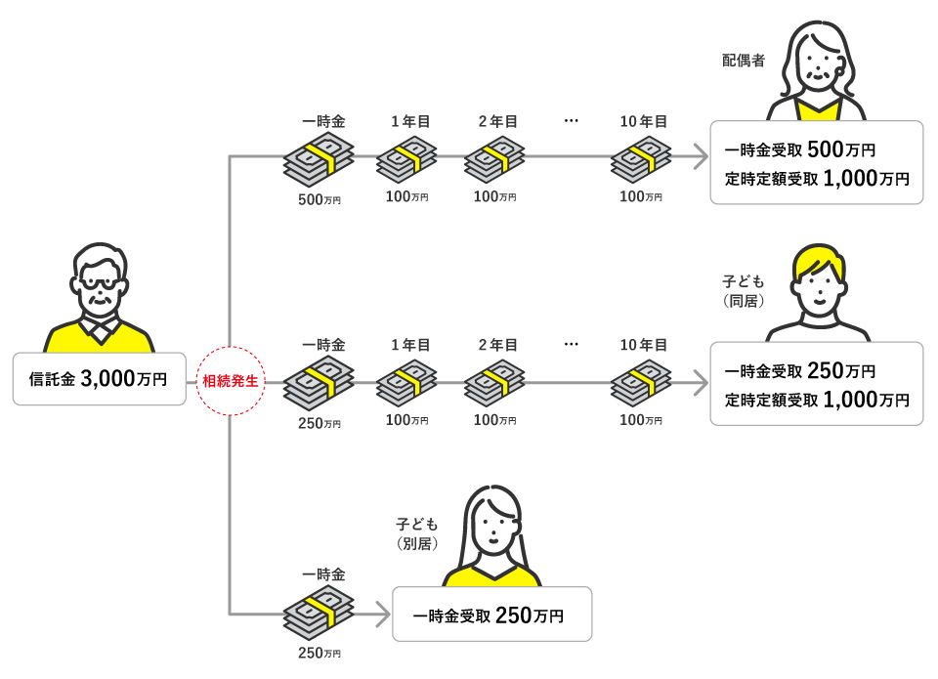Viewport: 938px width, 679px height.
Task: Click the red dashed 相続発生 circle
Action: point(229,381)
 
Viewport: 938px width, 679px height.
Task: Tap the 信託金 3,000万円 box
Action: point(99,379)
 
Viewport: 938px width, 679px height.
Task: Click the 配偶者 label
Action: point(743,61)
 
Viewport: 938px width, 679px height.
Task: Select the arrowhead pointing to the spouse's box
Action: point(698,155)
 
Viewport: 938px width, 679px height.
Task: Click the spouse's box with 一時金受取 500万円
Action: point(816,163)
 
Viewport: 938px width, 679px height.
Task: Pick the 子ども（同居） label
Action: point(743,291)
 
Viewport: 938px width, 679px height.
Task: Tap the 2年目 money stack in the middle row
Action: point(494,384)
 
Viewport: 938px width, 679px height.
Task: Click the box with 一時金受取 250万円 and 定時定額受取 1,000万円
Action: point(816,384)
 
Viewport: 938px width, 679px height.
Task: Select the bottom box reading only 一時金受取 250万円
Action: point(491,615)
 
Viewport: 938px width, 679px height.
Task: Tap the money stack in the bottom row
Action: point(319,612)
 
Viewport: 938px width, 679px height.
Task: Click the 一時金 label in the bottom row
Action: point(323,574)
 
